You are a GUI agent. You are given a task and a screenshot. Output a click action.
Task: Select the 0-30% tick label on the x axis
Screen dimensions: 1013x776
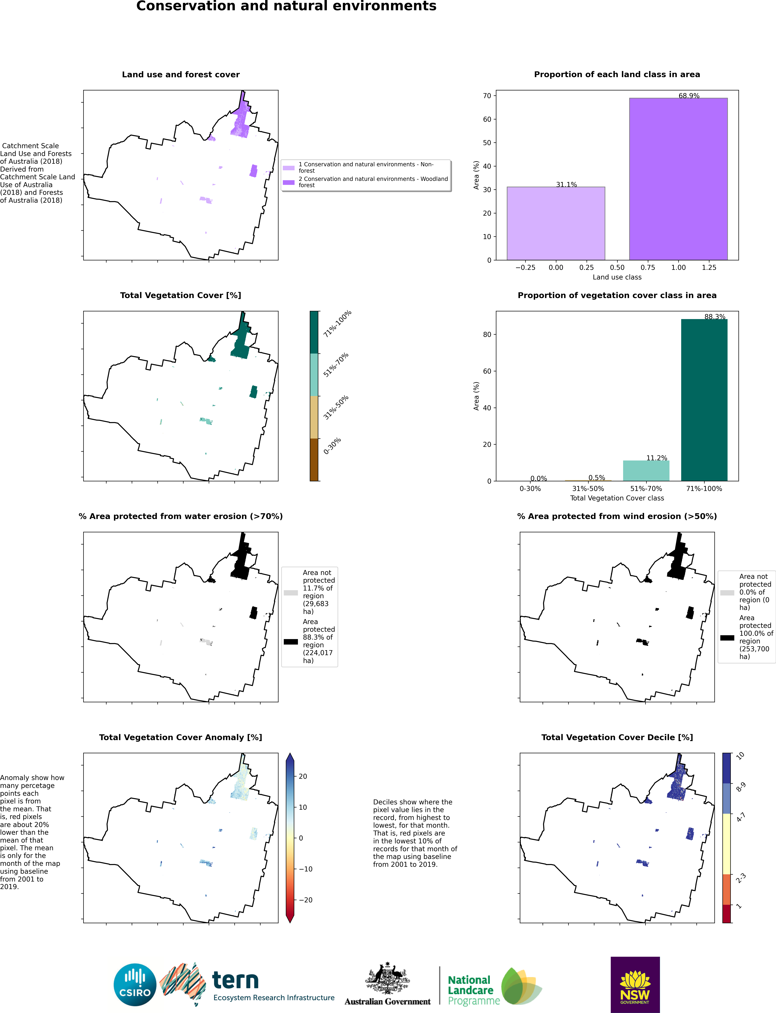coord(530,488)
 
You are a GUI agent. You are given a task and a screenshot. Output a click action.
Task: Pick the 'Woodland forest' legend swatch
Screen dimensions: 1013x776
coord(288,182)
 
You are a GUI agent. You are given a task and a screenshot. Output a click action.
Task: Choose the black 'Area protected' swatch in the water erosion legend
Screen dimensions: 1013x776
coord(291,642)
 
